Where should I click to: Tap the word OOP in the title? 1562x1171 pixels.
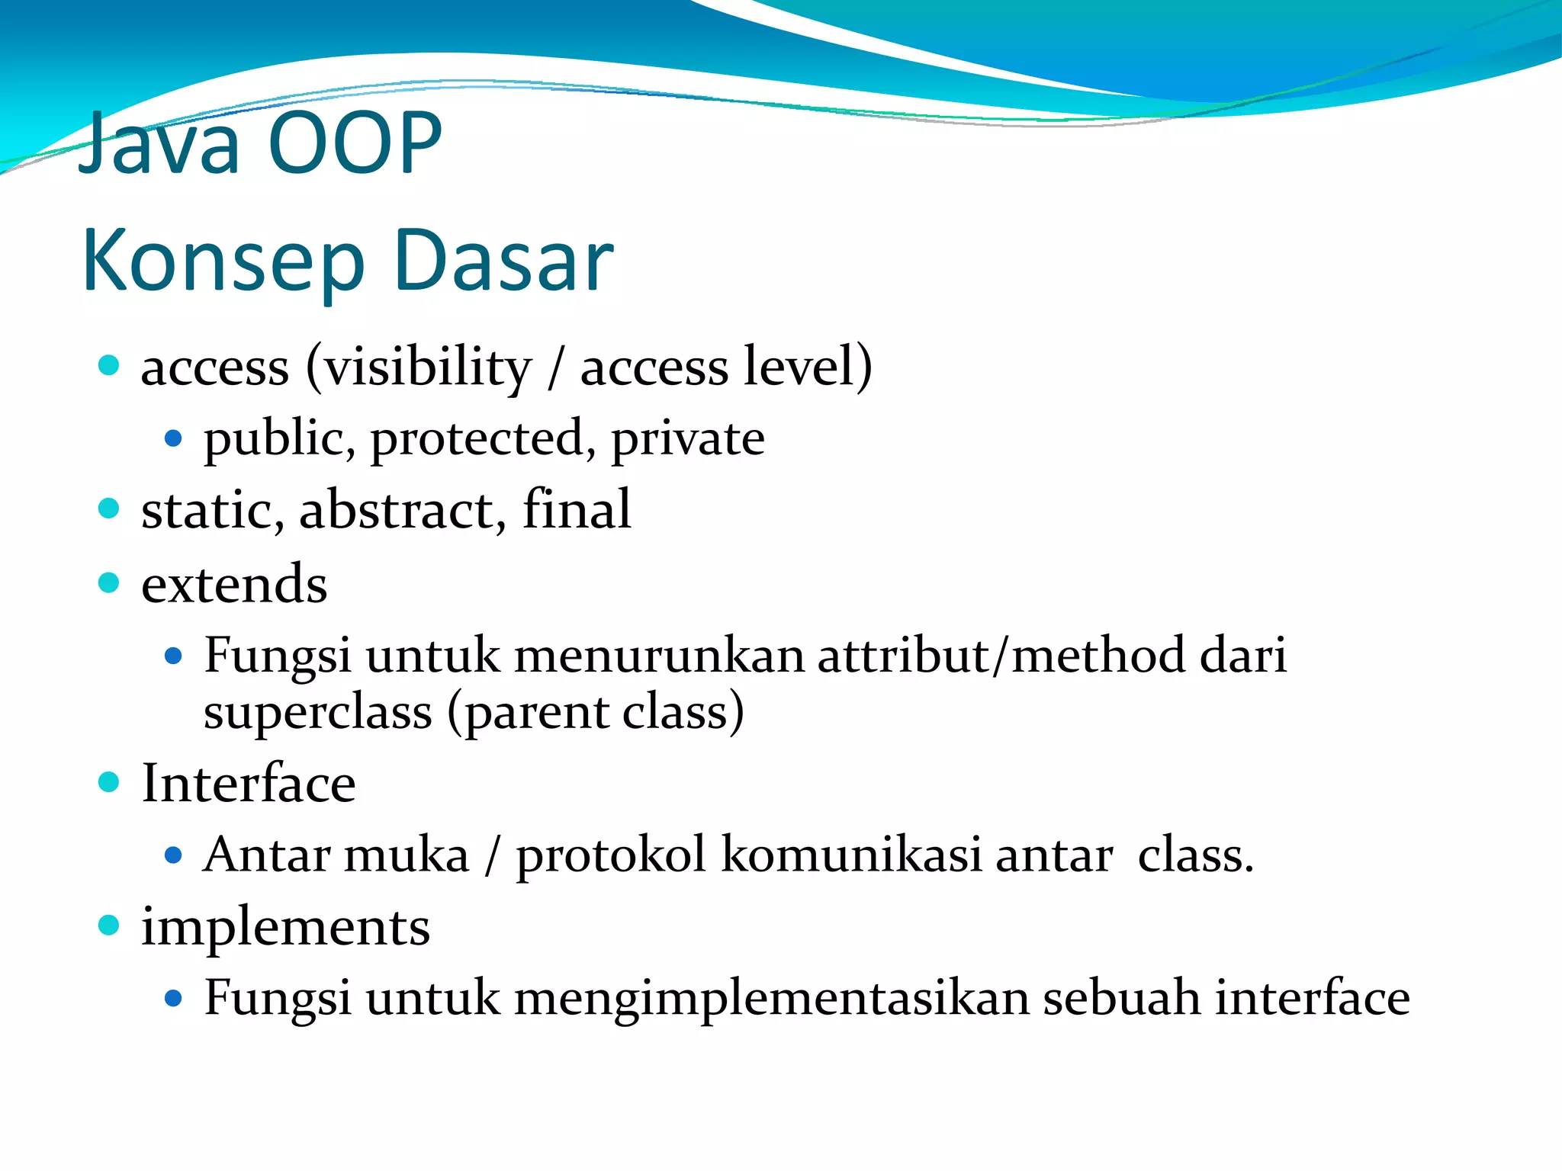(355, 143)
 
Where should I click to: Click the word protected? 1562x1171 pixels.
(477, 440)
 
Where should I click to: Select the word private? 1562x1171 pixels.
(687, 440)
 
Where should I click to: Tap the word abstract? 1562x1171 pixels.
(397, 510)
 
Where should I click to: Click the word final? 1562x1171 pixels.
(577, 509)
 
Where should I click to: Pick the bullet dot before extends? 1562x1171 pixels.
(109, 583)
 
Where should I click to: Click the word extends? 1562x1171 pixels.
(234, 585)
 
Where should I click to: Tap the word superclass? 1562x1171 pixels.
(317, 714)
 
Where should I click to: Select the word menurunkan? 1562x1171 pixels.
(659, 656)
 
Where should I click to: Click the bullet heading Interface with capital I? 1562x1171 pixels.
(248, 784)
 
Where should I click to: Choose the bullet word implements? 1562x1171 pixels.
(285, 929)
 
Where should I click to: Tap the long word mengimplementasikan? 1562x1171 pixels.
(772, 999)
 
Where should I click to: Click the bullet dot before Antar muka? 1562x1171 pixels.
(173, 855)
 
